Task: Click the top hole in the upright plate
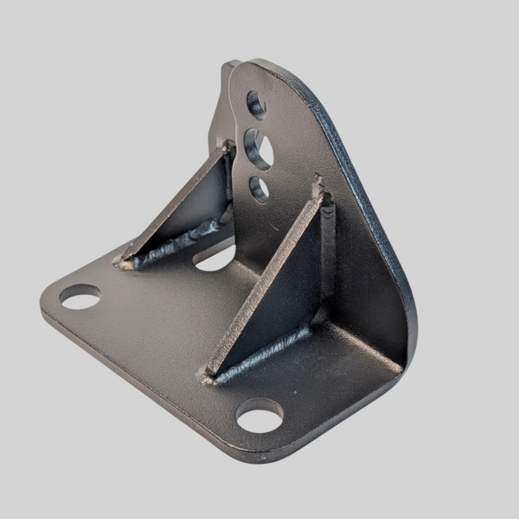[x=257, y=105]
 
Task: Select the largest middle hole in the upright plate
[x=257, y=148]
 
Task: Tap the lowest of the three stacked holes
[x=259, y=188]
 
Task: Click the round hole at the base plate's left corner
[x=80, y=297]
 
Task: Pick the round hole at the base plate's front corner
[x=259, y=415]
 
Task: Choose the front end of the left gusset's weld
[x=123, y=262]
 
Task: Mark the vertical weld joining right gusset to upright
[x=327, y=252]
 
